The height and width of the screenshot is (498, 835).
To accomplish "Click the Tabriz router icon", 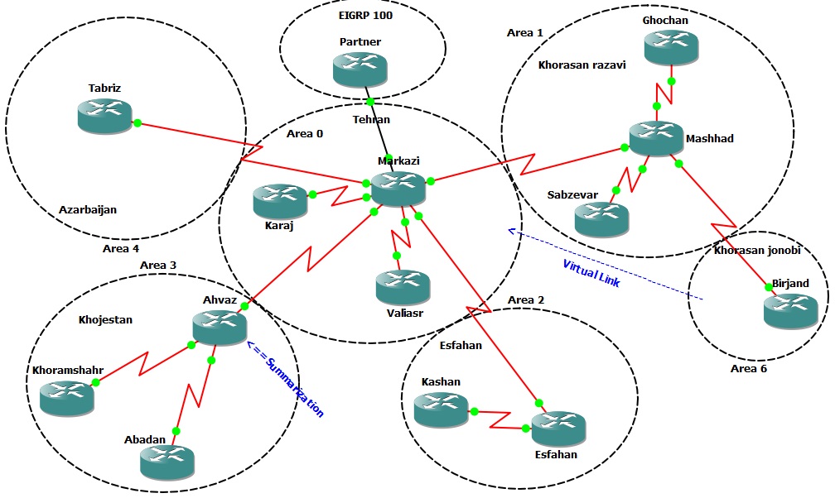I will click(105, 116).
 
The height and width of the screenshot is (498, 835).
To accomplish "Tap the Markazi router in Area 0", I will click(398, 189).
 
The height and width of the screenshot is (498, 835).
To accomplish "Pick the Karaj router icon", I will click(280, 201).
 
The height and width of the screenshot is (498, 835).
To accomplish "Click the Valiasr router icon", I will click(402, 286).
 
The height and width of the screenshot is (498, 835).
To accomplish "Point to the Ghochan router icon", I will click(671, 48).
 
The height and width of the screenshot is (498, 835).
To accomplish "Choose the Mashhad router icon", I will click(655, 138).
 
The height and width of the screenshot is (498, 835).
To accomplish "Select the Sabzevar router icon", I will click(601, 218).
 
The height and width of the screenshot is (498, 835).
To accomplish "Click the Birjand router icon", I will click(790, 309).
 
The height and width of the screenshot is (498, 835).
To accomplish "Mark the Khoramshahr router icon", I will click(66, 398).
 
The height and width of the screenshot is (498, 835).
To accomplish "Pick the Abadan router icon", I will click(167, 460).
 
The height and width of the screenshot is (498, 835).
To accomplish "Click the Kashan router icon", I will click(441, 409).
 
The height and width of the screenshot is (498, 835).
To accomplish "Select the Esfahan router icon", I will click(557, 429).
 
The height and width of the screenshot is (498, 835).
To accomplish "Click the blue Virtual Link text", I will click(591, 274).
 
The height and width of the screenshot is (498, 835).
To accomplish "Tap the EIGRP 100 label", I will click(365, 15).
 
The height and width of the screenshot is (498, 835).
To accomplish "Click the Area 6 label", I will click(748, 368).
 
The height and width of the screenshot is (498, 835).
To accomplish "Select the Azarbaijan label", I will click(87, 210).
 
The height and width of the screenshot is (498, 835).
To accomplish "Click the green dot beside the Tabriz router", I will click(138, 123).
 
